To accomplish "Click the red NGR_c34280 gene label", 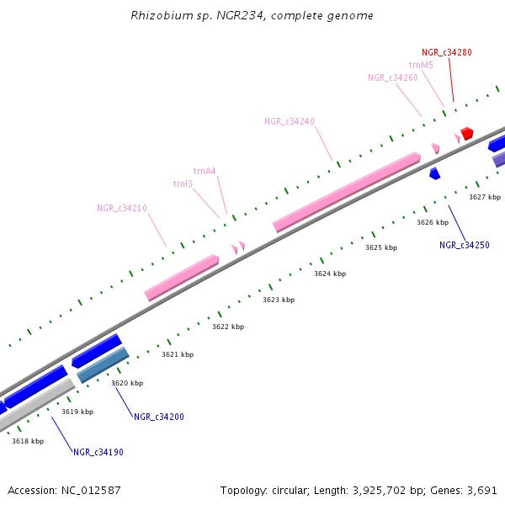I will click(446, 52).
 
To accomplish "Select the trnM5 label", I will click(421, 65).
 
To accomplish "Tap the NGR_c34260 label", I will click(392, 77).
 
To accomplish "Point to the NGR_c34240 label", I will click(289, 121).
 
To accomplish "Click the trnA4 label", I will click(205, 171).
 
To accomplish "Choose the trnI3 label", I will click(183, 183).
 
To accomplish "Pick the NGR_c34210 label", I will click(121, 208).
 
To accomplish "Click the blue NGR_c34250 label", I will click(465, 246).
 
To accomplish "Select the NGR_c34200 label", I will click(158, 417).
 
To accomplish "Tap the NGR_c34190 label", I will click(98, 452).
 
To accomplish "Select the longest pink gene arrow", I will click(347, 192).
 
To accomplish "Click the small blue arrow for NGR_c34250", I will click(434, 173).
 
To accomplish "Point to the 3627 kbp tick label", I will click(485, 197).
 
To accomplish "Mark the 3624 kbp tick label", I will click(330, 274).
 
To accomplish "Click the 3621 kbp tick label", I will click(178, 354).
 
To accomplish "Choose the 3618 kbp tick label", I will click(28, 441).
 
